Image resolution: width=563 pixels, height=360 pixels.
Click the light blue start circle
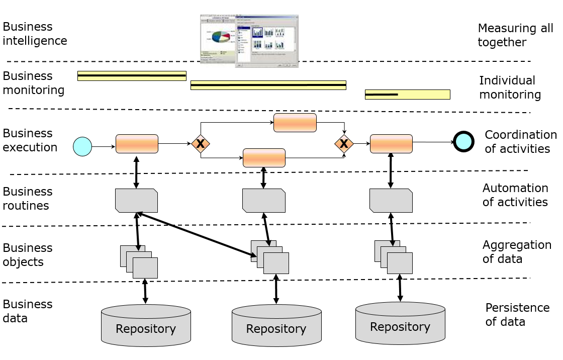82,146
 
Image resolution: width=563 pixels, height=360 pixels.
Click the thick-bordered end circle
463,141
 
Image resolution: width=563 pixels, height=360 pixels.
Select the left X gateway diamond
201,144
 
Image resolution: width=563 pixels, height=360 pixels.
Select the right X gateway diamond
344,144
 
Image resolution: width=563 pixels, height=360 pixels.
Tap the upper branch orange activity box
295,123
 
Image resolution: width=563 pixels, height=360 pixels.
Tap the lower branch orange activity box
264,158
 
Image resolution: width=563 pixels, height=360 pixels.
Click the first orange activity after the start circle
137,144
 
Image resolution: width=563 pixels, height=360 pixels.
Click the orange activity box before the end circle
391,144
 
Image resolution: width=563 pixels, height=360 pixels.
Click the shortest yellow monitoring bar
407,95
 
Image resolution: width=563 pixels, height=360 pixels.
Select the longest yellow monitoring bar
268,85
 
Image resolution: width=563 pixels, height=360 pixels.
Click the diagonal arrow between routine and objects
196,234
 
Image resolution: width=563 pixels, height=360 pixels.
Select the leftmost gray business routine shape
136,201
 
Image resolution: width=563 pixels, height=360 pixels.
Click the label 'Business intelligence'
35,34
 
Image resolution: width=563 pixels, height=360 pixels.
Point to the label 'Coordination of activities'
520,142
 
